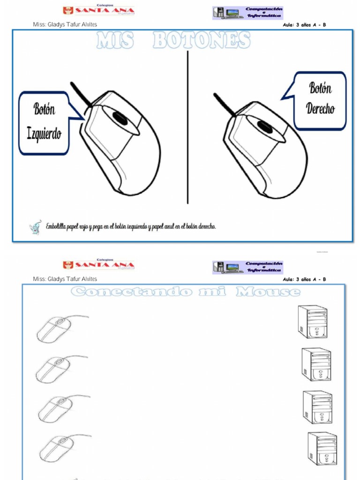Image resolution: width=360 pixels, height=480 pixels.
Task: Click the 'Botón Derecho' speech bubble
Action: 320,100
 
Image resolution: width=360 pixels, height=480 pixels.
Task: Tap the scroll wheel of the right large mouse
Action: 264,126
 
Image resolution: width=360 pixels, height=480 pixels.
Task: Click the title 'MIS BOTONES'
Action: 173,41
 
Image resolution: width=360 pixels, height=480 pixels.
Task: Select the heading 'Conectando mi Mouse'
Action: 186,292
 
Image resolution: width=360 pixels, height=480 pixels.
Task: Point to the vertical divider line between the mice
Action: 188,127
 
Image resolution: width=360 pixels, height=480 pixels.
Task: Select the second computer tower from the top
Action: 316,364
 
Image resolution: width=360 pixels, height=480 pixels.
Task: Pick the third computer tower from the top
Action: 317,407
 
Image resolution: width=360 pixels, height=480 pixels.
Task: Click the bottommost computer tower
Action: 322,448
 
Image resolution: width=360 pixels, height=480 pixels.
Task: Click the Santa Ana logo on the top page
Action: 98,10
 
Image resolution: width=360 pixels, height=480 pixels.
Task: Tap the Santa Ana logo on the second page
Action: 98,265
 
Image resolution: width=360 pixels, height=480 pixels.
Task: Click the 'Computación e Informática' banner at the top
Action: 247,13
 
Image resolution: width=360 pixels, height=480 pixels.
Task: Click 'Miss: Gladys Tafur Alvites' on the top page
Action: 65,25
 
